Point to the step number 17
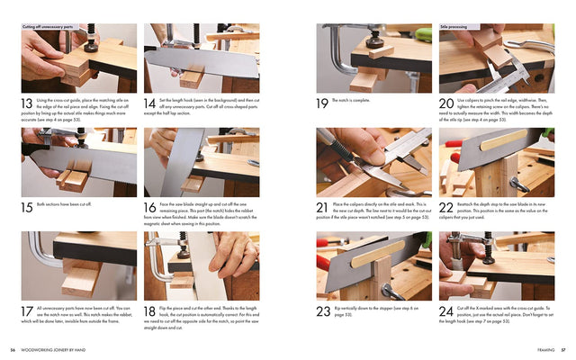coord(29,311)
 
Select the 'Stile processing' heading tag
coord(456,27)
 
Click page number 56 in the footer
coord(13,350)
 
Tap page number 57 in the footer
coord(562,350)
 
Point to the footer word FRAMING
coord(543,350)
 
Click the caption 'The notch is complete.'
coord(351,100)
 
